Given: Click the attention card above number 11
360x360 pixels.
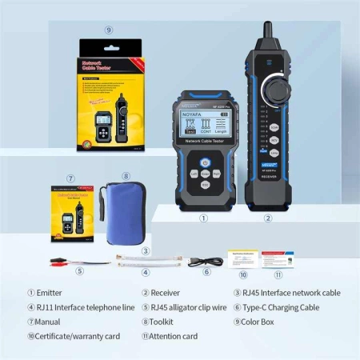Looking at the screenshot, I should tap(278, 259).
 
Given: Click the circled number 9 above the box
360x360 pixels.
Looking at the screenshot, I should tap(109, 30).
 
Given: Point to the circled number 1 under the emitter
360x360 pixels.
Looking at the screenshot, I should tap(203, 217).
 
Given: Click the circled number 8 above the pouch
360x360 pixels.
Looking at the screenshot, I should tap(126, 176).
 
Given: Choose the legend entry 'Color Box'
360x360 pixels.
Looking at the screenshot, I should tap(265, 322).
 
